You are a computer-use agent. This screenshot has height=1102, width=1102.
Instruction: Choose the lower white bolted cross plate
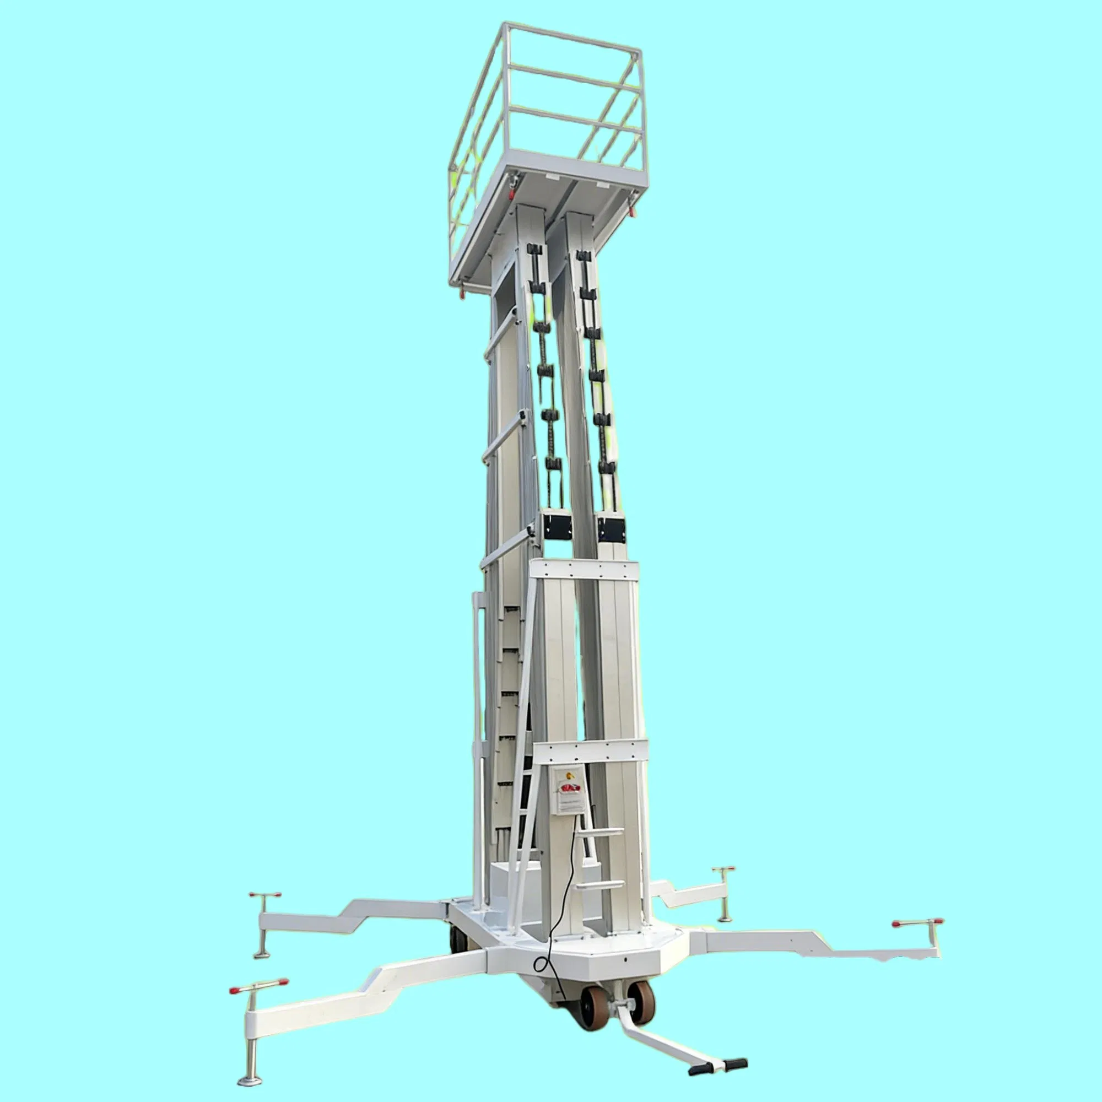pyautogui.click(x=593, y=749)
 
